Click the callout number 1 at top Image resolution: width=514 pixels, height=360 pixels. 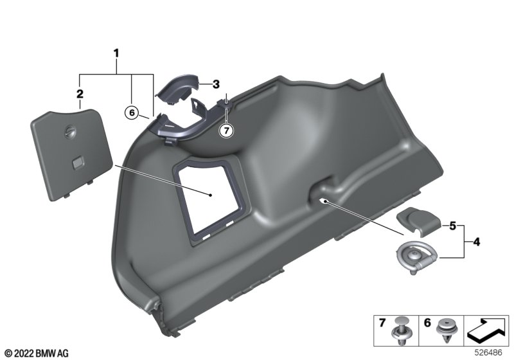point(116,53)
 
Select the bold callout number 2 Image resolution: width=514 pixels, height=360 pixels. point(80,94)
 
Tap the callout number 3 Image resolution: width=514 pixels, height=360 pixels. point(216,84)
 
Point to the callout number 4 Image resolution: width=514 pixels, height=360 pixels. point(476,242)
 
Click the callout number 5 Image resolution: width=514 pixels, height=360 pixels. point(453,226)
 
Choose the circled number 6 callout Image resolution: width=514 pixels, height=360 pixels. point(132,113)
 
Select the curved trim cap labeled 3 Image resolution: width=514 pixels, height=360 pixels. point(178,88)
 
